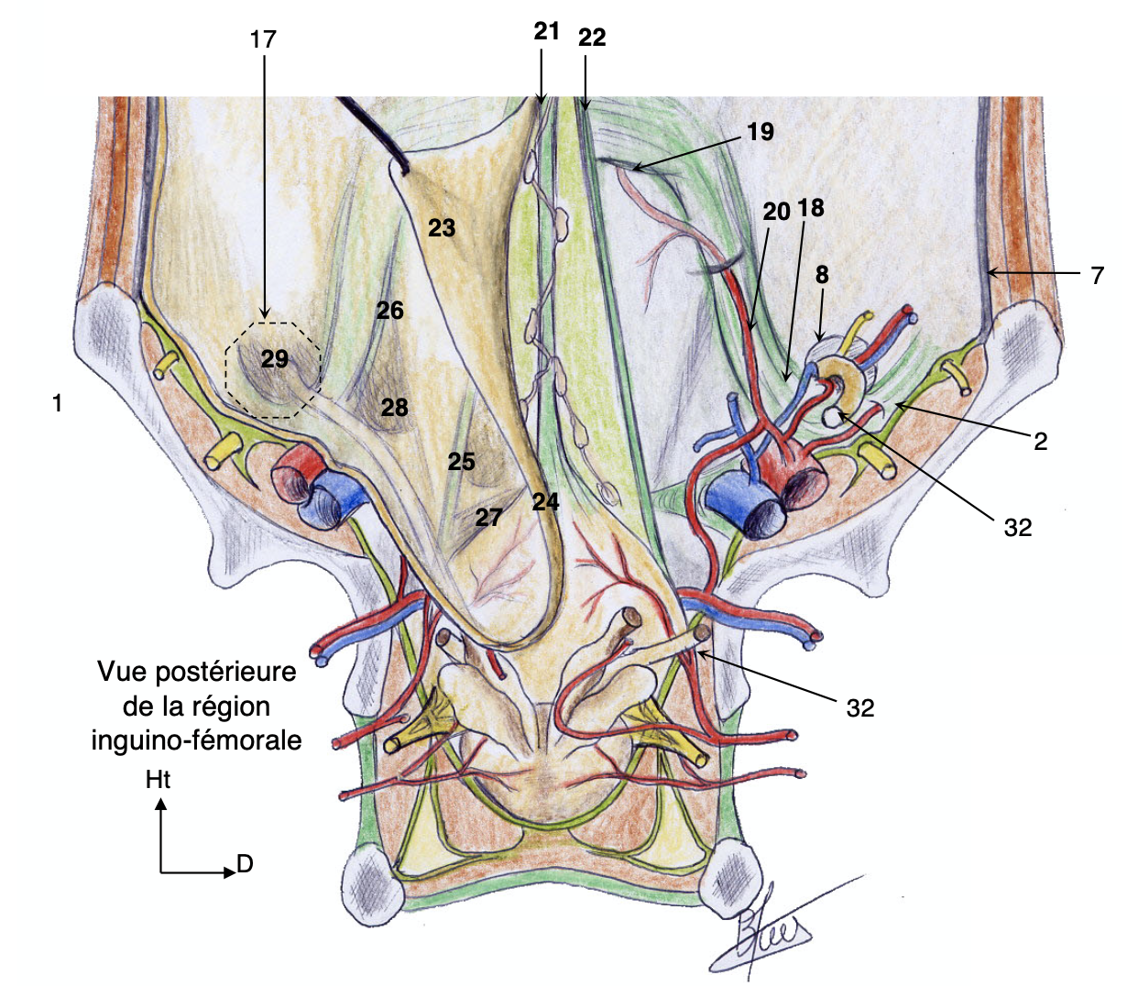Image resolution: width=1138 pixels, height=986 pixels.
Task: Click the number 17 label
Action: tap(263, 39)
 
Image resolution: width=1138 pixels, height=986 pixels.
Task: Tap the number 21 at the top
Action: tap(546, 31)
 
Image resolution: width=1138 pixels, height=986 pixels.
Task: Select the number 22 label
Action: tap(592, 38)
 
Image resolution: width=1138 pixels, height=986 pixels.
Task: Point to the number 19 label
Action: tap(760, 132)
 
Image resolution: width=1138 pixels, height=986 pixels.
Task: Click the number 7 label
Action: tap(1098, 274)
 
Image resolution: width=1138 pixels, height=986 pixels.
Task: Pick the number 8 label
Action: tap(822, 274)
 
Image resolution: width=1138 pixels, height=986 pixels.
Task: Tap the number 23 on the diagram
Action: tap(442, 227)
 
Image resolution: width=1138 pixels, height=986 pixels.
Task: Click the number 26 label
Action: tap(389, 311)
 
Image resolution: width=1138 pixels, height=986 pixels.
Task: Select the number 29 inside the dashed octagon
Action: tap(275, 359)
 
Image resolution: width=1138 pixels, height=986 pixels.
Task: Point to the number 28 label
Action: tap(394, 406)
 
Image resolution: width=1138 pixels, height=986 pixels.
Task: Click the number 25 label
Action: tap(461, 461)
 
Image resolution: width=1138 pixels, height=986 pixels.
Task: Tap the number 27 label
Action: tap(488, 518)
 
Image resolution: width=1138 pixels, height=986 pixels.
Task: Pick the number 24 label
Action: tap(545, 501)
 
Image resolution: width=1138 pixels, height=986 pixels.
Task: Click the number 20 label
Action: tap(776, 212)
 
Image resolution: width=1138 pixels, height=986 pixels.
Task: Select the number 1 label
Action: tap(57, 402)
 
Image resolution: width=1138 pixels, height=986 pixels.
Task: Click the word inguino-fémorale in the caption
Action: tap(196, 739)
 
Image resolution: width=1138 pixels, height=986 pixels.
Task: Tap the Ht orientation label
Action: tap(158, 780)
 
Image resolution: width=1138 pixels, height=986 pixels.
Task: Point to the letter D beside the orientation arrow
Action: tap(244, 863)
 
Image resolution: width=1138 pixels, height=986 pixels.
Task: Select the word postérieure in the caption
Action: tap(225, 672)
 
